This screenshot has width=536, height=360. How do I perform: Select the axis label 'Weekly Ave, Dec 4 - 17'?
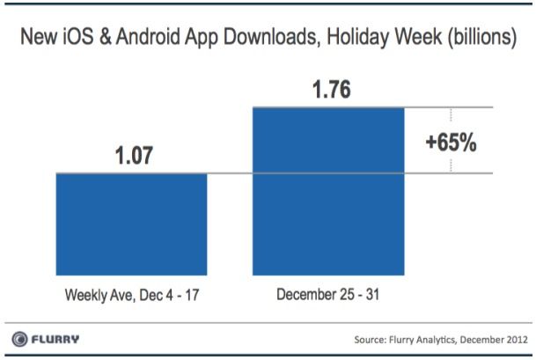click(x=131, y=292)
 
